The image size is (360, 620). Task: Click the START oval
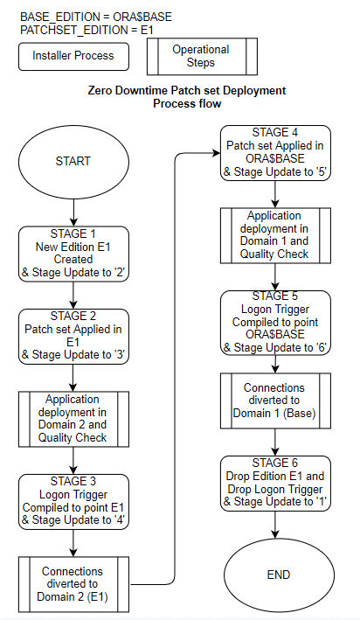pos(73,161)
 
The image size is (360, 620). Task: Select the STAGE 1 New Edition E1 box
pos(73,253)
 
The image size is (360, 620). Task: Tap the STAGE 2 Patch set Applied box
pos(73,337)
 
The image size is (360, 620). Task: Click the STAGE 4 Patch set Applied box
pos(276,153)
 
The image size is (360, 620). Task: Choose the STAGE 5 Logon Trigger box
pos(276,321)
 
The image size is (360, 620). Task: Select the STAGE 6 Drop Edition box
pos(276,482)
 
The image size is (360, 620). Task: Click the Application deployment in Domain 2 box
pos(73,419)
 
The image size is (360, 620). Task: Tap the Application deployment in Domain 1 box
pos(276,235)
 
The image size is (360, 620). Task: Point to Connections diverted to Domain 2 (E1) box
pos(73,583)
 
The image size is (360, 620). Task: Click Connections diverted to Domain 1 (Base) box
pos(276,400)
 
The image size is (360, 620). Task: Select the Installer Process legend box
pos(73,56)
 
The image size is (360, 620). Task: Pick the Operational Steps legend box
pos(200,56)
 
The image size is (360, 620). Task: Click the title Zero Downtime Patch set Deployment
pos(187,91)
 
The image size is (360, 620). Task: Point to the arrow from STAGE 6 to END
pos(276,526)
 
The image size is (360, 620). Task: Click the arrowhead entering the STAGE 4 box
pos(216,153)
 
